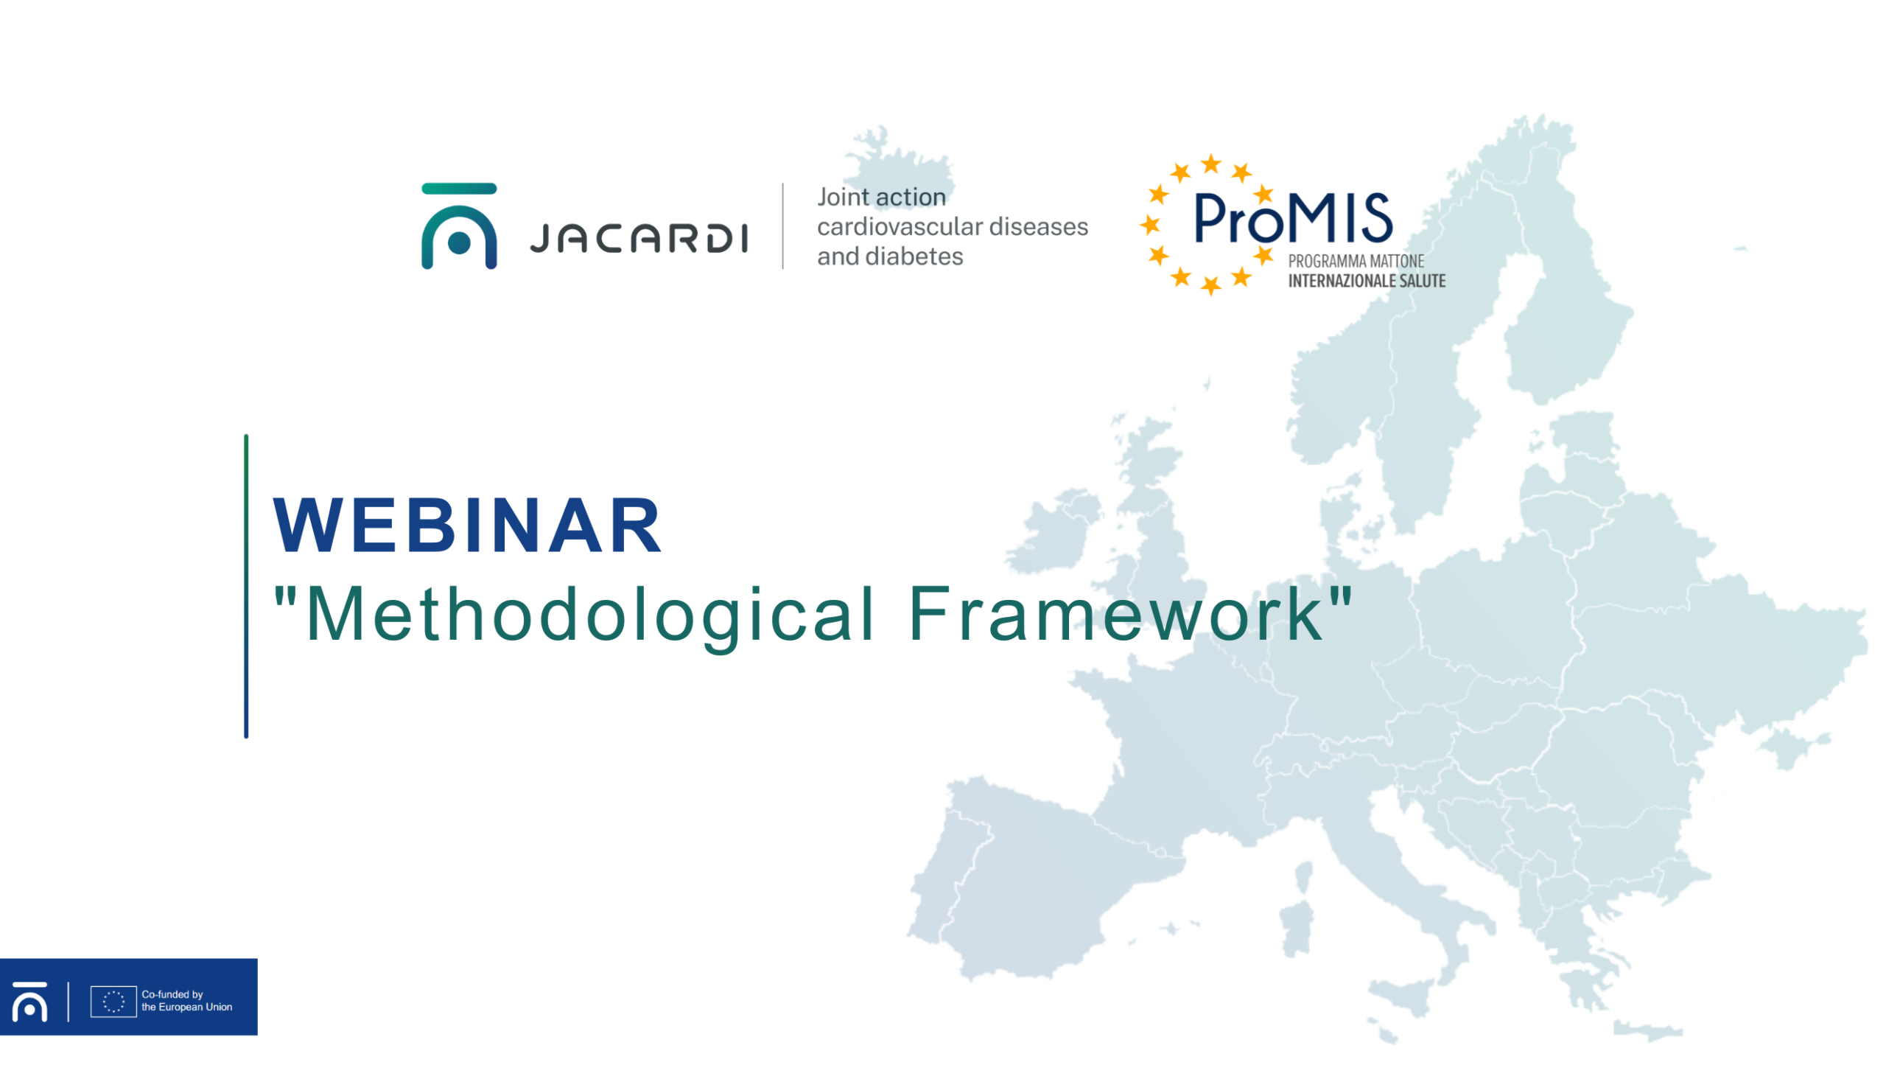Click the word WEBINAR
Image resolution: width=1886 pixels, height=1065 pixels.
coord(467,525)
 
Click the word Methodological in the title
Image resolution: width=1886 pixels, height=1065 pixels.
coord(590,615)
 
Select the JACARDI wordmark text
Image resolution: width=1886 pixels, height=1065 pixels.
coord(638,238)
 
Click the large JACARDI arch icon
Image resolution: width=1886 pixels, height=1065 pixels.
coord(459,226)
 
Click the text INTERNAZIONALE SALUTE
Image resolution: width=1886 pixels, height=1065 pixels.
coord(1367,281)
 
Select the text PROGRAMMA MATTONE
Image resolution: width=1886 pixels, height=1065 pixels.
coord(1356,261)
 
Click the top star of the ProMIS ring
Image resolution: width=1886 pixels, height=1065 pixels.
coord(1211,164)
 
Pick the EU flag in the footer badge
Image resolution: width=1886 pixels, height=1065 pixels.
coord(113,1001)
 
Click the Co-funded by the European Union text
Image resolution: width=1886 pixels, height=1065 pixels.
coord(186,1000)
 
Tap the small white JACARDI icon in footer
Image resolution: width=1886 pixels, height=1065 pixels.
coord(29,1001)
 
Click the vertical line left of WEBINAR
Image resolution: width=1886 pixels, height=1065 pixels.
coord(246,586)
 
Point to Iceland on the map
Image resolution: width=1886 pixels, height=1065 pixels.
coord(899,166)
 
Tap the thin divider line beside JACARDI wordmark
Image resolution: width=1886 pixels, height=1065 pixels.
coord(782,226)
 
